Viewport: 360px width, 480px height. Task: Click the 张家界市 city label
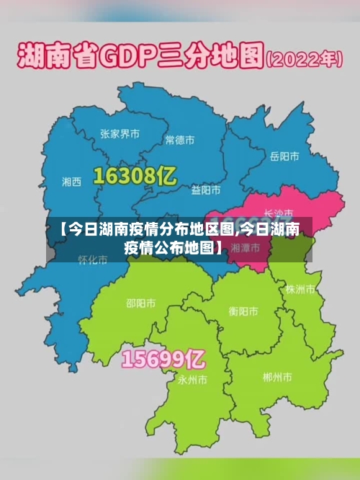point(120,134)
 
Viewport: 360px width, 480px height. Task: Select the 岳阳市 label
point(284,156)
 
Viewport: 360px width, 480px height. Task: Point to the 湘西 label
point(72,181)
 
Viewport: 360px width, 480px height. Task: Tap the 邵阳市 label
point(140,303)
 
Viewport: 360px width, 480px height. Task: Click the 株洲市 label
point(300,289)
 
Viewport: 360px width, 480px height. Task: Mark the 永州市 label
point(192,378)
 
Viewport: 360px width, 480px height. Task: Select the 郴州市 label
point(277,377)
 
